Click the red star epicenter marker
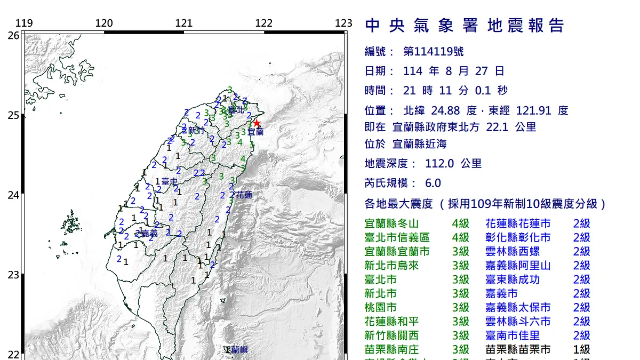coord(257,123)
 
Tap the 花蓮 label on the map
coord(244,195)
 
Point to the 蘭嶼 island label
coord(236,350)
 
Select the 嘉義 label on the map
coord(149,233)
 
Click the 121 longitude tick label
coord(183,23)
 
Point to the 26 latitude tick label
coord(13,35)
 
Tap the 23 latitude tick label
coord(13,275)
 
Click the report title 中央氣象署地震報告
coord(464,26)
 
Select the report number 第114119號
coord(433,52)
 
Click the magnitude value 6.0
coord(433,183)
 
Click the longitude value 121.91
coord(535,111)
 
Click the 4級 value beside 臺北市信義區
coord(460,237)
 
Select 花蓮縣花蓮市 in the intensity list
coord(518,223)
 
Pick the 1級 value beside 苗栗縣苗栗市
coord(581,349)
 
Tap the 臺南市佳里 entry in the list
coord(513,335)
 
